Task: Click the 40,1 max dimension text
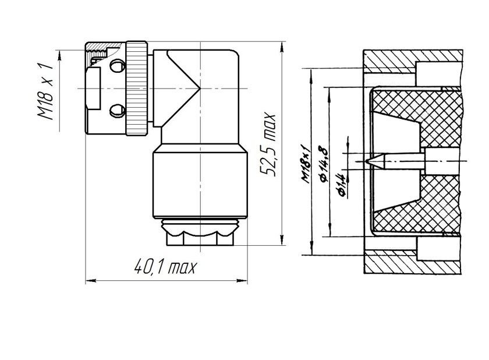[x=166, y=267]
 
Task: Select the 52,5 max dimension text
[x=268, y=144]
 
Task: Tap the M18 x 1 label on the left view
[x=45, y=91]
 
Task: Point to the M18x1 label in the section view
[x=306, y=164]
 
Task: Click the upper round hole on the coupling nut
[x=118, y=66]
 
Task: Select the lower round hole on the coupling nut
[x=118, y=111]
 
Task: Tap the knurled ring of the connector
[x=137, y=89]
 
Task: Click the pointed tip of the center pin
[x=367, y=161]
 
